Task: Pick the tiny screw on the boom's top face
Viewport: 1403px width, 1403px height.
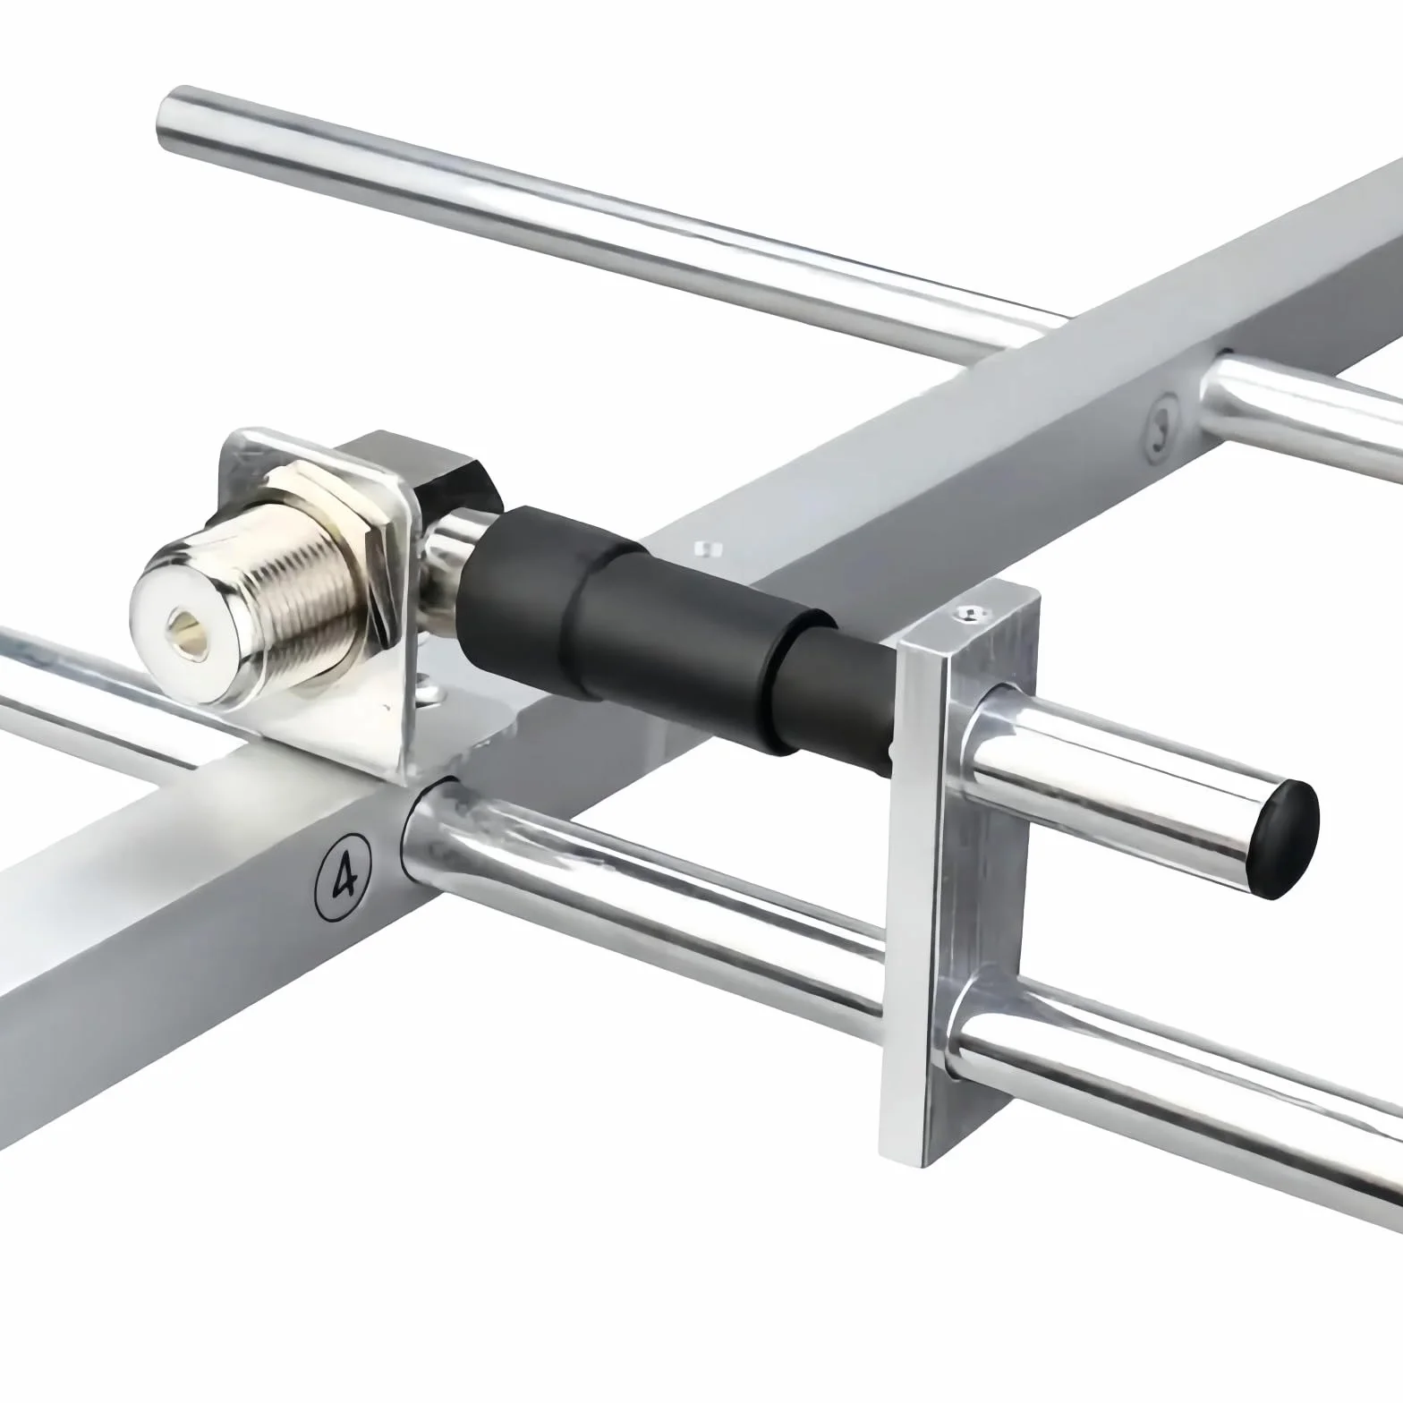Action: [x=706, y=546]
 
